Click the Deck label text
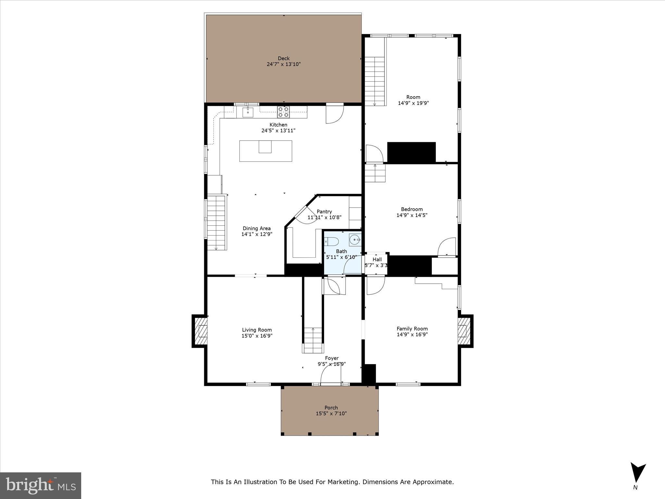(x=283, y=58)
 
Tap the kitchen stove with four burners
(x=283, y=112)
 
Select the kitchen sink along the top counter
(x=248, y=112)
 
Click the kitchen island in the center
(x=266, y=151)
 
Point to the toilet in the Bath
(x=332, y=241)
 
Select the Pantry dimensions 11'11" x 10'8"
(x=324, y=217)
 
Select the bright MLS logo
(x=41, y=485)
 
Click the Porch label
(x=331, y=408)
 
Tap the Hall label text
(x=377, y=260)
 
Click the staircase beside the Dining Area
(x=216, y=223)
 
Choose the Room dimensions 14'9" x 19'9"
(x=413, y=103)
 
